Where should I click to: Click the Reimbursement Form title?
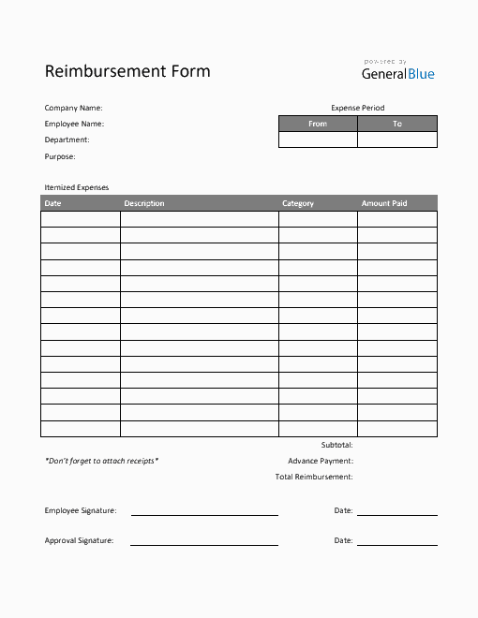pos(127,71)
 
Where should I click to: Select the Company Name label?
pos(74,108)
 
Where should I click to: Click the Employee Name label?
pos(74,124)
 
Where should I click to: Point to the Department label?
pos(67,140)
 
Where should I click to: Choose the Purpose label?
pos(60,156)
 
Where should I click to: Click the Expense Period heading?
pos(357,108)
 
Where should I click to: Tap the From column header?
pos(318,124)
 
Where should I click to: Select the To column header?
pos(397,124)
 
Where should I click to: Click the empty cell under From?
pos(318,140)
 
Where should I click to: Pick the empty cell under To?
pos(397,140)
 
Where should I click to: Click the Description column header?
pos(144,203)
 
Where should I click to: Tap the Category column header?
pos(298,203)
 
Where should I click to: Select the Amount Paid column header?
pos(384,203)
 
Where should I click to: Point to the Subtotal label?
pos(336,445)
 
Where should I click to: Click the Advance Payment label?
pos(321,461)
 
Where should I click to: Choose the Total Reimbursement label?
pos(314,477)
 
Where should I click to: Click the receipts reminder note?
pos(101,461)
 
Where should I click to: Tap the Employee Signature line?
pos(204,514)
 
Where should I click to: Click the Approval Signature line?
pos(204,544)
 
